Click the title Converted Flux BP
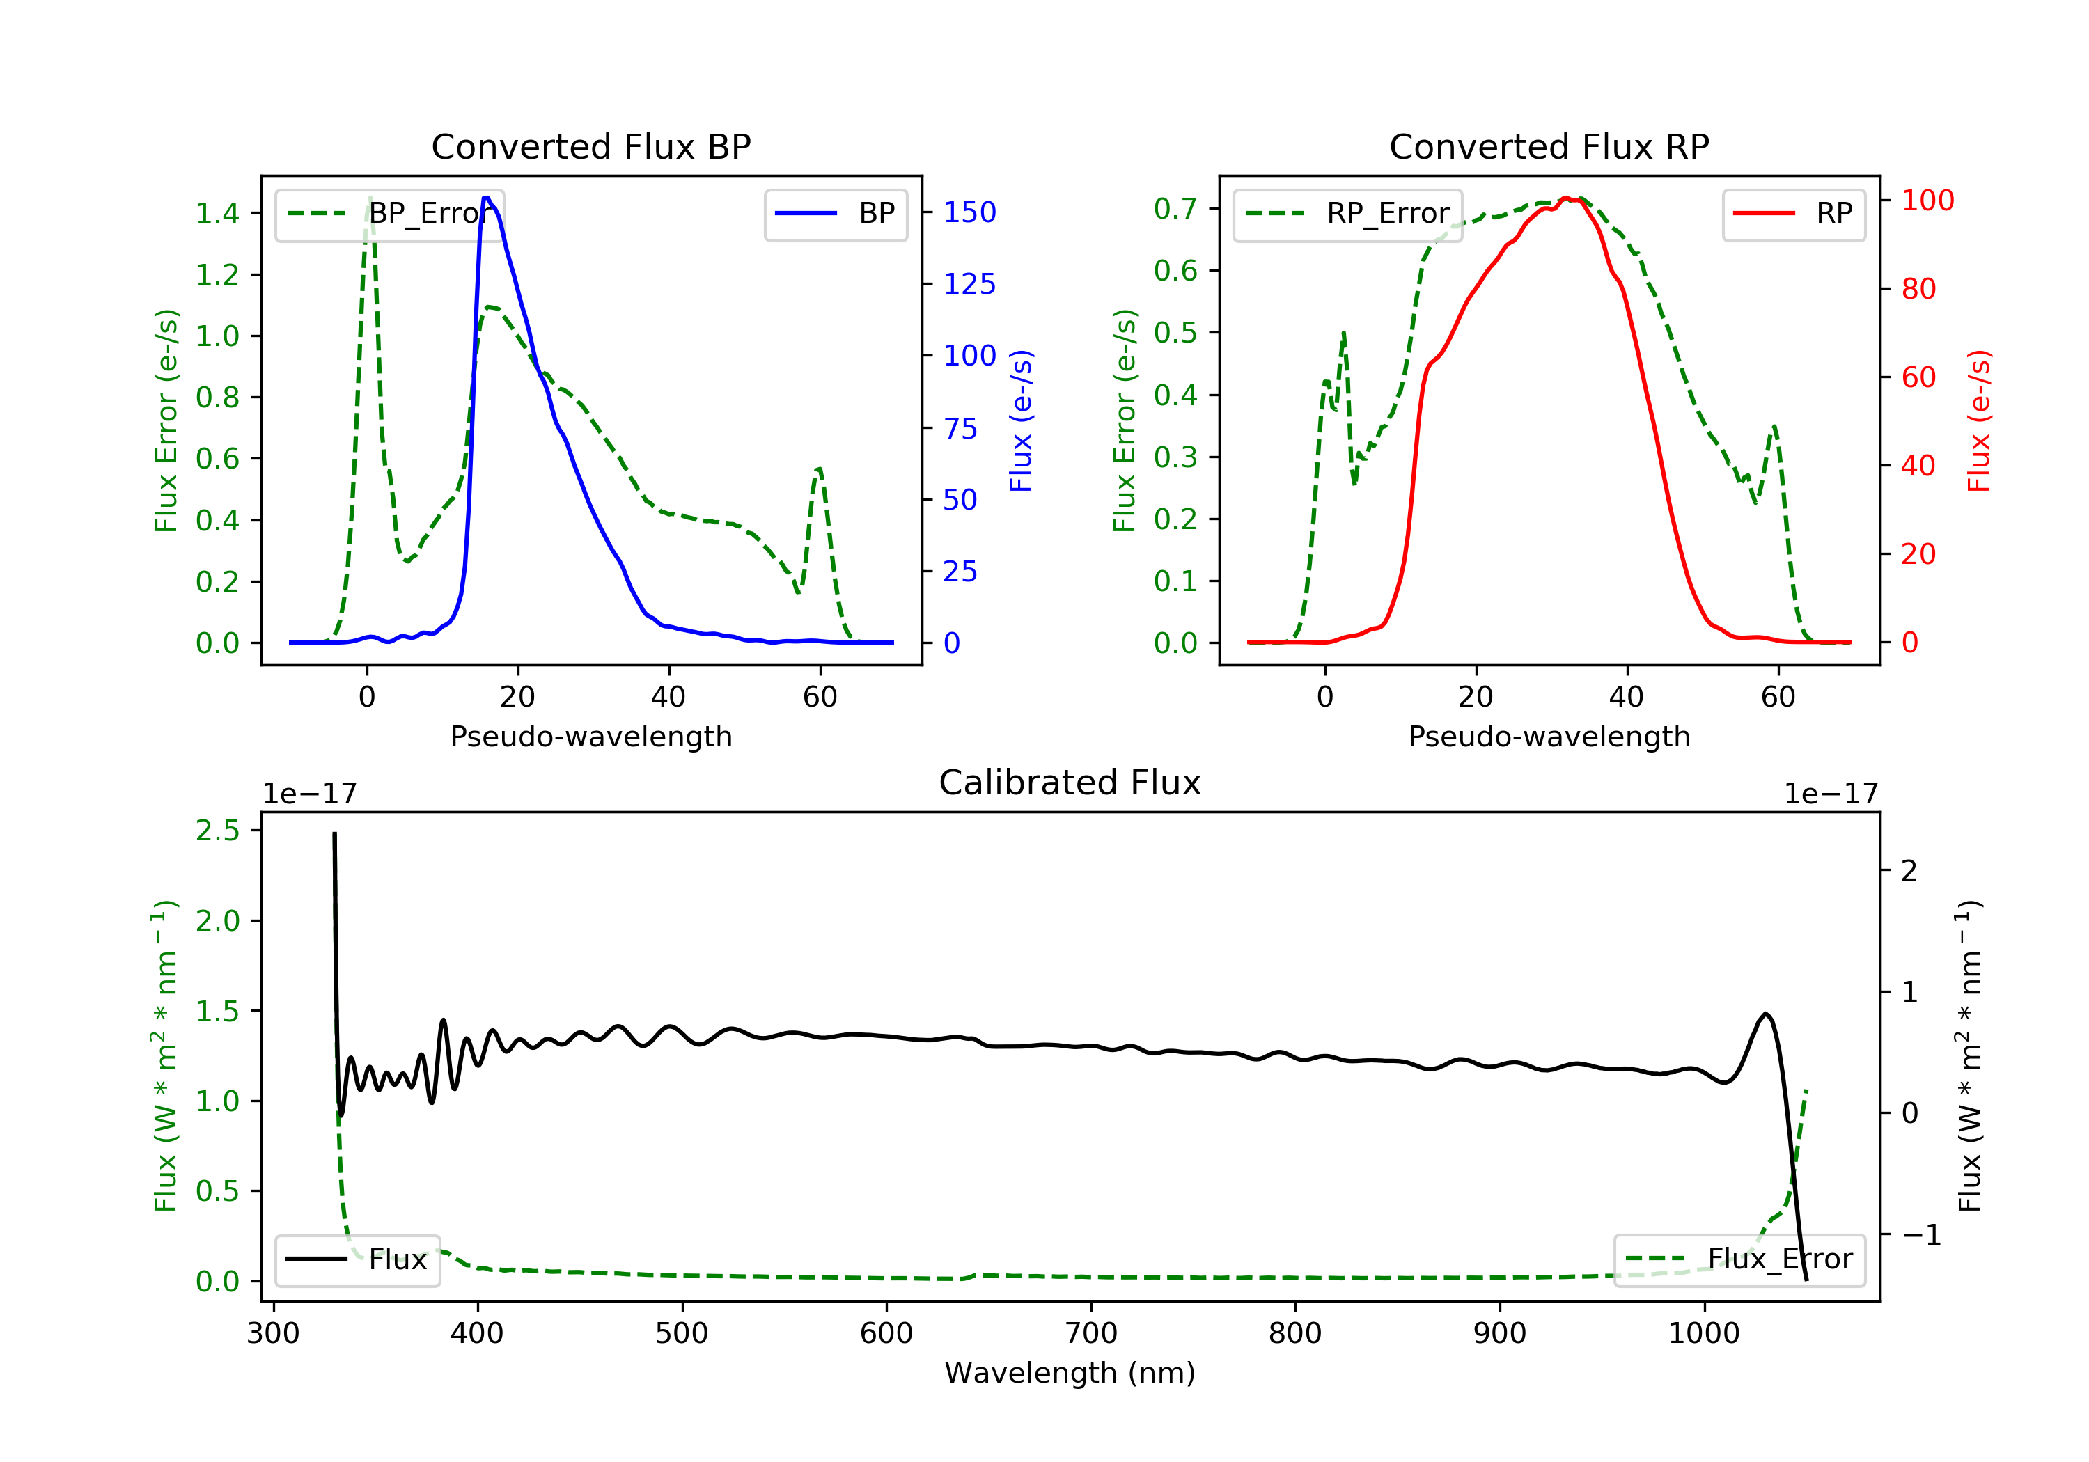pyautogui.click(x=590, y=146)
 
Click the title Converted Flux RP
pyautogui.click(x=1549, y=146)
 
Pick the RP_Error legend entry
pyautogui.click(x=1347, y=214)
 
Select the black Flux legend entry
pyautogui.click(x=358, y=1259)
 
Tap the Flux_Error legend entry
pyautogui.click(x=1739, y=1259)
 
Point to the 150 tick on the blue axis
pyautogui.click(x=969, y=212)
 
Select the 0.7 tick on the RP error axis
pyautogui.click(x=1175, y=208)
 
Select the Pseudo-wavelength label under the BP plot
pyautogui.click(x=590, y=736)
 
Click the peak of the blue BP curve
pyautogui.click(x=487, y=198)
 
